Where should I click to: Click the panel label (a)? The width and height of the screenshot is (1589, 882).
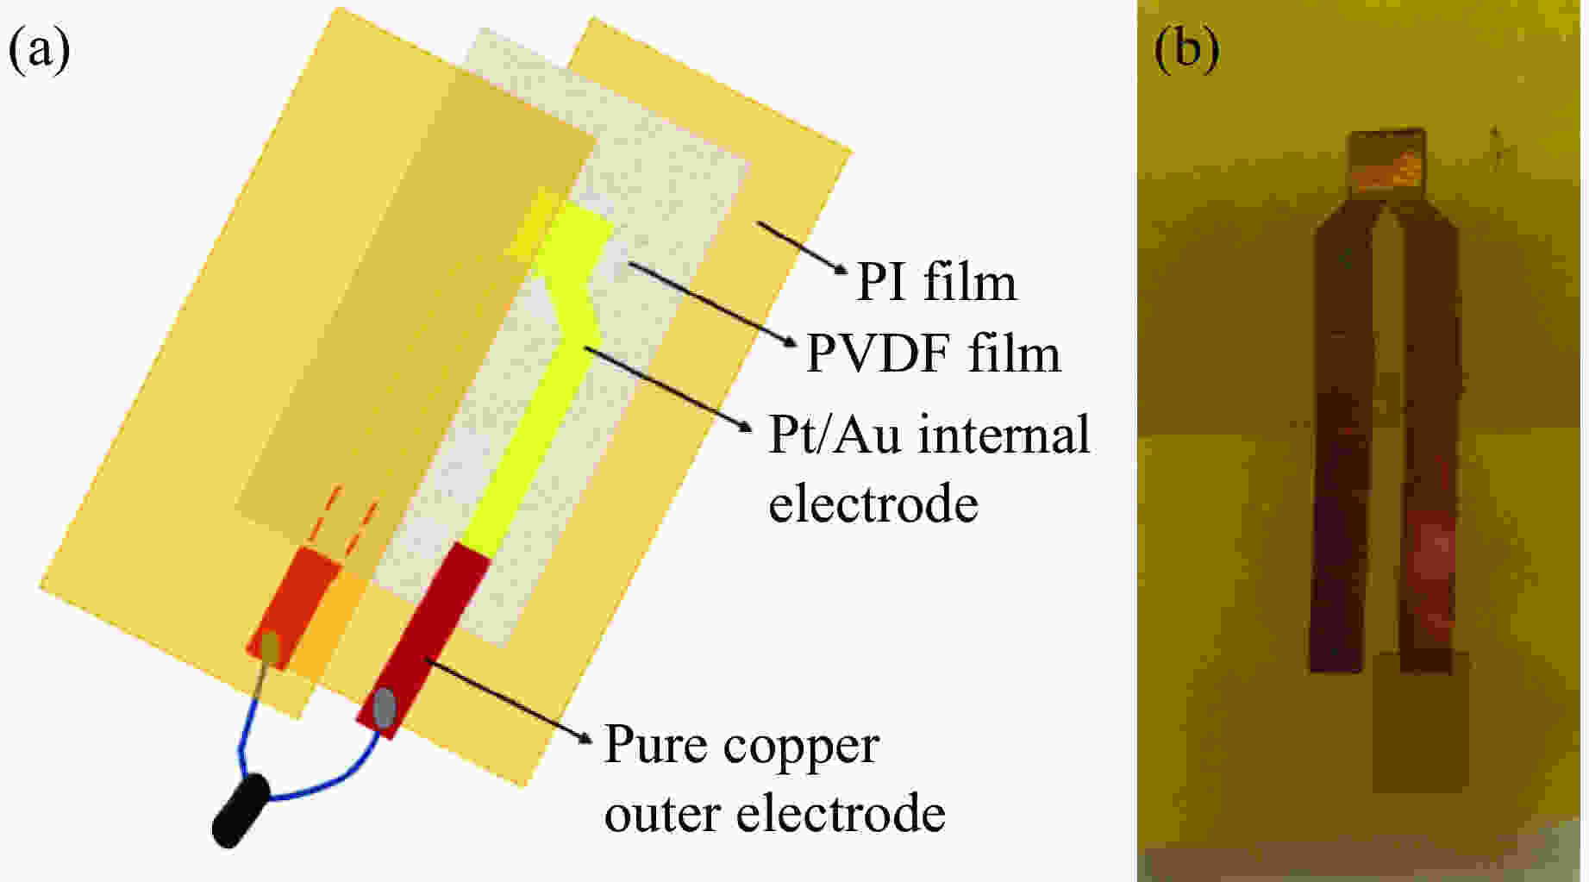click(x=40, y=50)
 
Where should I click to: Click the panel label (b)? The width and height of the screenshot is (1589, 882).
click(x=1186, y=50)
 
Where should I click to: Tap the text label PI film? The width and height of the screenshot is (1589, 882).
click(x=936, y=283)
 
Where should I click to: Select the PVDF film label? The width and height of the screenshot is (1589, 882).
click(x=933, y=354)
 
